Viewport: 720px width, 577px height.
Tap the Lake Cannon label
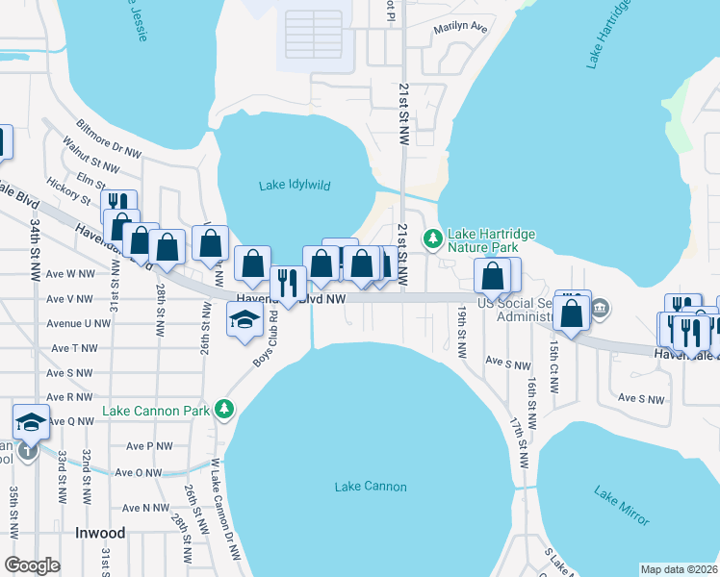(x=371, y=487)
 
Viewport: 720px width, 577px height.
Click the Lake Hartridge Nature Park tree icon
(x=434, y=237)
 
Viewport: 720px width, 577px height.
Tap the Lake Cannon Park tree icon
(x=224, y=411)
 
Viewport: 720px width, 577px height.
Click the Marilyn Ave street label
(x=460, y=30)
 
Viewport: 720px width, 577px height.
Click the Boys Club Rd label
(x=266, y=337)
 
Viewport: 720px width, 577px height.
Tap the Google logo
(x=32, y=565)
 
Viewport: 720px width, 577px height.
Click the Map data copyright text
(x=679, y=569)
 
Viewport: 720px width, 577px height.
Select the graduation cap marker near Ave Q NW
(x=31, y=421)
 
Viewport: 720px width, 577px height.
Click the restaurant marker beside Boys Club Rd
(x=288, y=281)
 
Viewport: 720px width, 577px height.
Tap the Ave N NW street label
(x=142, y=508)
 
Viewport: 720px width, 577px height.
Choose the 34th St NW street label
(x=35, y=249)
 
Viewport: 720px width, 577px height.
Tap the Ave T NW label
(x=75, y=347)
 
